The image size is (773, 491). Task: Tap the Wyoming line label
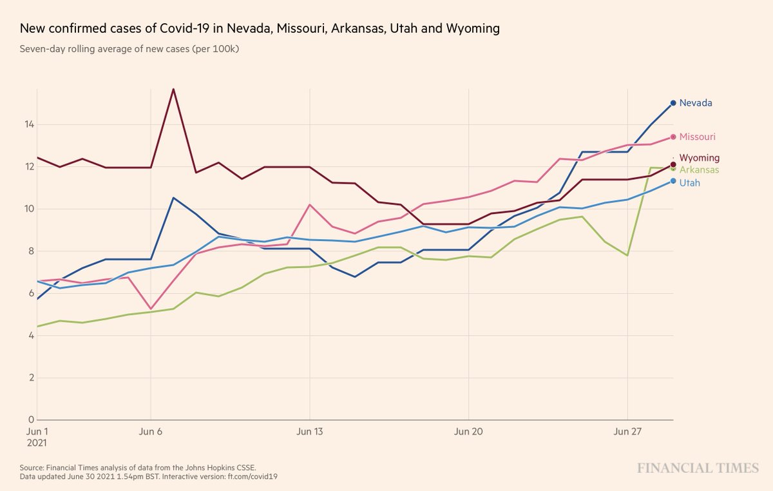[x=700, y=158]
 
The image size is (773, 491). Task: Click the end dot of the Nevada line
[x=673, y=103]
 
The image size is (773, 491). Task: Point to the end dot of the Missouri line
[x=673, y=137]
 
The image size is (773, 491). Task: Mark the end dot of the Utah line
[x=673, y=181]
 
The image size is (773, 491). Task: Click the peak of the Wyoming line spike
[x=173, y=89]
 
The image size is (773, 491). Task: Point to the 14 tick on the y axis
[x=30, y=124]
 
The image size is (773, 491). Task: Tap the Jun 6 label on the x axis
[x=150, y=432]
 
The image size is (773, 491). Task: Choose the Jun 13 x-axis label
[x=310, y=432]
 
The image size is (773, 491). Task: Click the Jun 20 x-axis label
[x=469, y=432]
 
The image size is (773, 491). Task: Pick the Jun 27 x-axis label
[x=627, y=432]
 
